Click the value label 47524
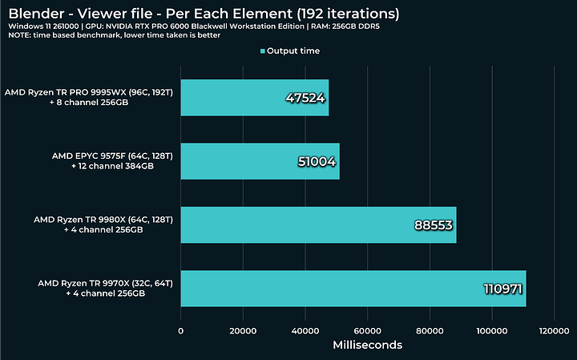tap(306, 99)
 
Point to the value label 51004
tap(317, 162)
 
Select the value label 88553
tap(434, 225)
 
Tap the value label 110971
tap(502, 289)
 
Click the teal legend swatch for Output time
tap(263, 51)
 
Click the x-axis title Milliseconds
tap(367, 345)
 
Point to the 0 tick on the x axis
tap(181, 330)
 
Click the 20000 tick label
tap(243, 330)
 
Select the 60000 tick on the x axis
tap(367, 330)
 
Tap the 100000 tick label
tap(491, 330)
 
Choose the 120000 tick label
tap(553, 330)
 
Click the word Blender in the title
tap(34, 14)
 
